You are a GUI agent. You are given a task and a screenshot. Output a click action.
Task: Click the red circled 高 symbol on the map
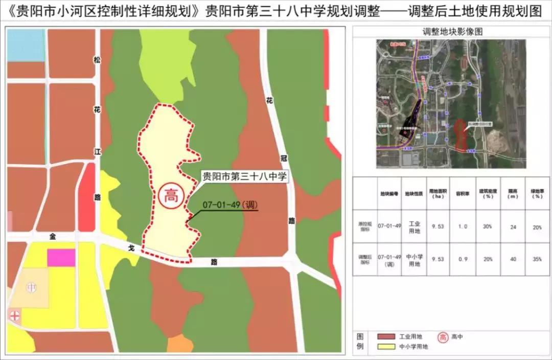coord(170,196)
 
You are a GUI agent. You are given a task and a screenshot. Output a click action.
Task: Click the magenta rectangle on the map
coord(61,258)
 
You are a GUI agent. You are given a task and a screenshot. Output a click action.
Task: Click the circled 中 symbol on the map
coord(32,287)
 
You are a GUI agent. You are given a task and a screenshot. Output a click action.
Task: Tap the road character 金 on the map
coord(52,236)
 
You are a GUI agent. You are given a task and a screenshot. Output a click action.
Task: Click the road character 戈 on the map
coord(131,248)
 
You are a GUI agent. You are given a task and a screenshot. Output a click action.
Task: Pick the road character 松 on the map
coord(97,60)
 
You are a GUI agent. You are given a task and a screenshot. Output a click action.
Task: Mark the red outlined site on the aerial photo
coord(461,136)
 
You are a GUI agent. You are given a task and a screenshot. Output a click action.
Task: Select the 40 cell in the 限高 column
coord(513,259)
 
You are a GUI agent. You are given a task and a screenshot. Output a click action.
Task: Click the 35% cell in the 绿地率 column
coord(537,259)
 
